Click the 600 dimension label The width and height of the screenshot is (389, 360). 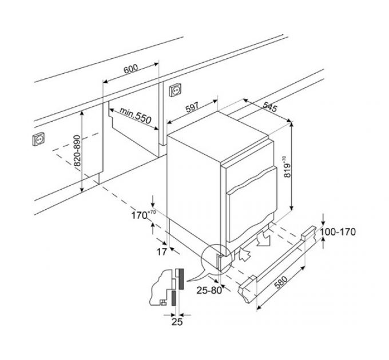131,69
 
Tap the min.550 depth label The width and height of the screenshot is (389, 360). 136,116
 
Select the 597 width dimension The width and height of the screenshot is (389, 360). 192,107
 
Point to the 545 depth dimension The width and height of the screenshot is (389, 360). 269,107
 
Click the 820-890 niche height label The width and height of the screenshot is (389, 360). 77,151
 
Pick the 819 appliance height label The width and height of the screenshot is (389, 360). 288,167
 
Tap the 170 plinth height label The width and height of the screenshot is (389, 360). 143,215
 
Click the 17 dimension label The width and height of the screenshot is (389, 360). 162,252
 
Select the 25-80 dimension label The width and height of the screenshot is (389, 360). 209,290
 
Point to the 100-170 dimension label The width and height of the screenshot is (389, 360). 338,232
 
